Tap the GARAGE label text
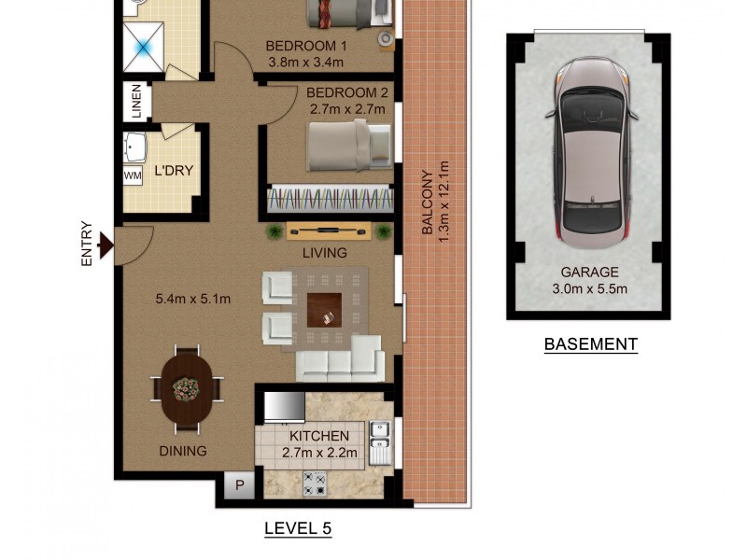click(x=589, y=273)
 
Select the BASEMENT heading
click(x=590, y=344)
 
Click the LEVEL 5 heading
click(x=298, y=528)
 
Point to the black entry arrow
click(x=106, y=245)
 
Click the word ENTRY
click(x=87, y=245)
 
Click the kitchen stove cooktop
click(x=315, y=483)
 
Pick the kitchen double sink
click(x=379, y=442)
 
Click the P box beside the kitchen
click(x=239, y=485)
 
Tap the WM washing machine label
click(x=133, y=175)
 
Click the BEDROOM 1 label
click(x=306, y=46)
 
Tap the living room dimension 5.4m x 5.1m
click(x=192, y=299)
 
